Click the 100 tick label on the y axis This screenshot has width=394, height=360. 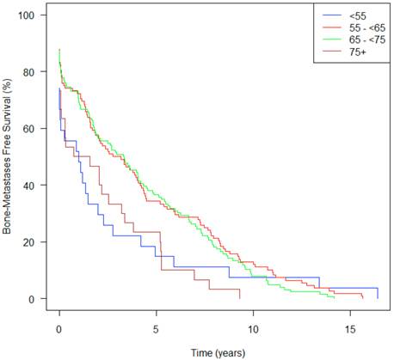point(29,16)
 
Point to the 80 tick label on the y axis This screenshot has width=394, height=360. point(29,72)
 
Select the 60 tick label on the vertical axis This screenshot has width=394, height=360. point(29,129)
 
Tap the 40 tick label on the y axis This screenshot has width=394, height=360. point(29,186)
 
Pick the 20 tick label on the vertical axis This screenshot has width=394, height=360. point(29,242)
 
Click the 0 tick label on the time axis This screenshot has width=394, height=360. point(58,328)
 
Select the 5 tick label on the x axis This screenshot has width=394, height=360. point(156,328)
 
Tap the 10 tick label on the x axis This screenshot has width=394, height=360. point(253,328)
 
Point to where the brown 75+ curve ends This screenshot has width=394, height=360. point(240,298)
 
